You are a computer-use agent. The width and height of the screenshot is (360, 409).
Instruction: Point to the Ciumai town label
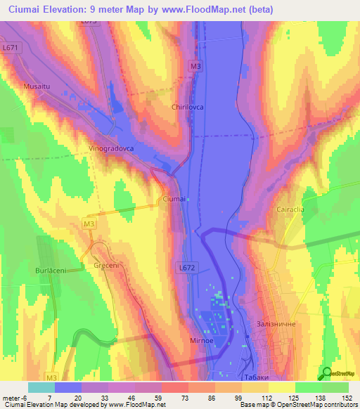pyautogui.click(x=174, y=200)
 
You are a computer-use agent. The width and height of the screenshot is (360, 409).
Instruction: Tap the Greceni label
pyautogui.click(x=105, y=266)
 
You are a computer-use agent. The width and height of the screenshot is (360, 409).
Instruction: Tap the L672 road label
pyautogui.click(x=186, y=268)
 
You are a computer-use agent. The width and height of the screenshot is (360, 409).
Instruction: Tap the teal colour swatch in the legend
pyautogui.click(x=41, y=387)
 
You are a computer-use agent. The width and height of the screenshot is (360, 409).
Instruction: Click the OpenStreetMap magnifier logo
pyautogui.click(x=326, y=373)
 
